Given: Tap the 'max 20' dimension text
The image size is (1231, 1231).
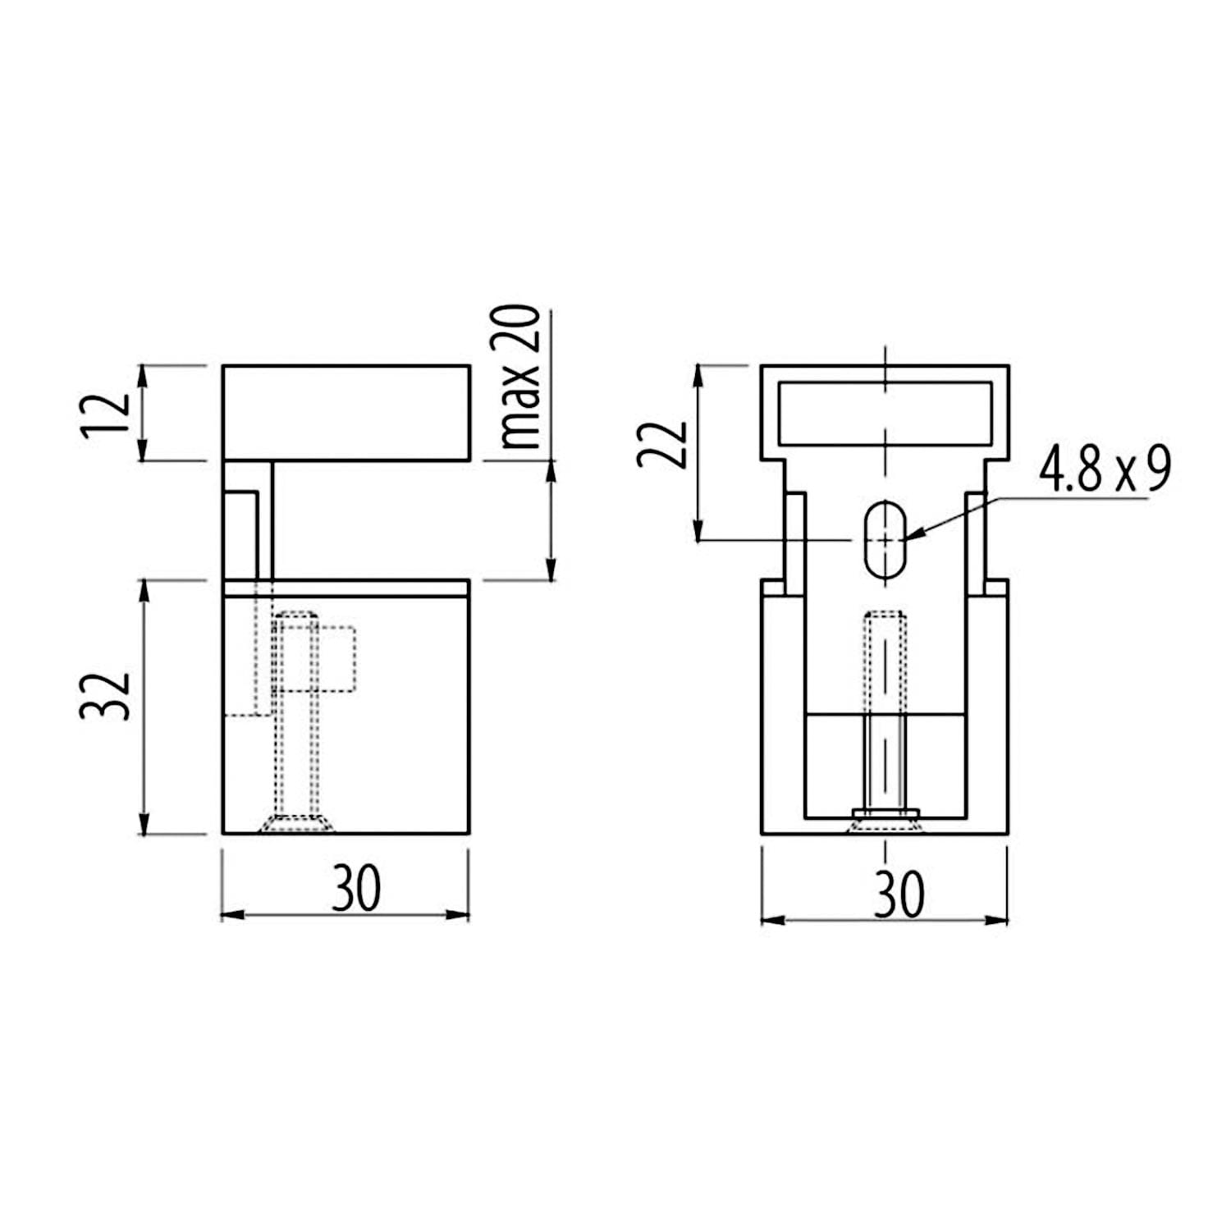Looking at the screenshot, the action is coord(519,378).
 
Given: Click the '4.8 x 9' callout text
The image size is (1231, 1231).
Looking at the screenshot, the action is coord(1105,470).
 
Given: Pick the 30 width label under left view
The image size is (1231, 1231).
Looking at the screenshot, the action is coord(357,888).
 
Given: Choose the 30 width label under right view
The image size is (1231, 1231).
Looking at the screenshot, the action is coord(899,894).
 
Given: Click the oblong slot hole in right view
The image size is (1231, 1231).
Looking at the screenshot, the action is coord(885,539).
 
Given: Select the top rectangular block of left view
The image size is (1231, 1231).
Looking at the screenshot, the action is coord(346,413).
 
